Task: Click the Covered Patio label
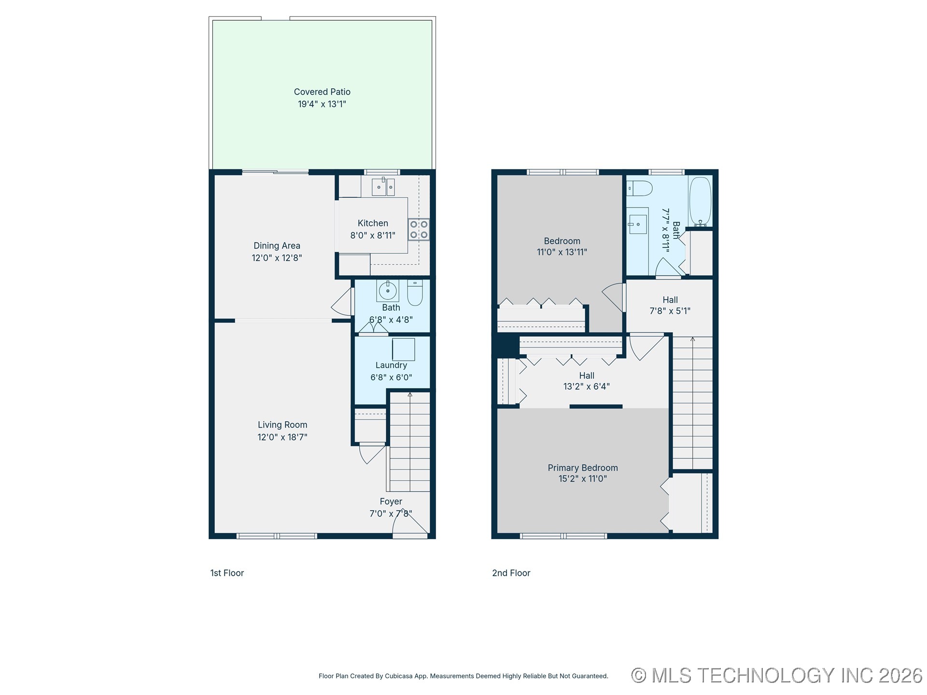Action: coord(322,92)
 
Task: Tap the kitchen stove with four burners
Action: coord(419,230)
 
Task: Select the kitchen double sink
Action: coord(383,186)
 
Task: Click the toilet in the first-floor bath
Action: coord(415,292)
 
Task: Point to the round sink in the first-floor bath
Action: coord(388,291)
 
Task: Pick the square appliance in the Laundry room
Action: coord(403,349)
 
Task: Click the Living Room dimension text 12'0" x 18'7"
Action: coord(282,437)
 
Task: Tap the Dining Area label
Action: coord(277,246)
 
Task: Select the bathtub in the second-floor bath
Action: coord(700,202)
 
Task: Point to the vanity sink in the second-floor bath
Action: coord(638,224)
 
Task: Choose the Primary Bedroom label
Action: coord(583,468)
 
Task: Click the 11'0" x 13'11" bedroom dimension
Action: coord(562,252)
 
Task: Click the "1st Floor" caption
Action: coord(227,573)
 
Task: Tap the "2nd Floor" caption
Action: coord(511,573)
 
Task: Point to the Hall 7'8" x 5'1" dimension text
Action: coord(670,311)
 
